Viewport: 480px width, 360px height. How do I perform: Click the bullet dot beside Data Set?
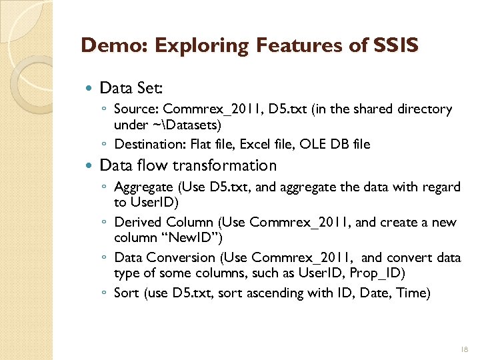pos(91,88)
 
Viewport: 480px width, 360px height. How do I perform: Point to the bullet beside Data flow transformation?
pos(91,166)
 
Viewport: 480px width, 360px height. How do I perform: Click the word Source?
pos(135,109)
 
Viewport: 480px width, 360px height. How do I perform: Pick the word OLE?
pos(313,143)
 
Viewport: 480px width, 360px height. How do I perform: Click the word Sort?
pos(127,293)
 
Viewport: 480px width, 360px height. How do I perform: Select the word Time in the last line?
pos(412,293)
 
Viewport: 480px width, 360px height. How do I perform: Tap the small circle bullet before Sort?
pos(106,293)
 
